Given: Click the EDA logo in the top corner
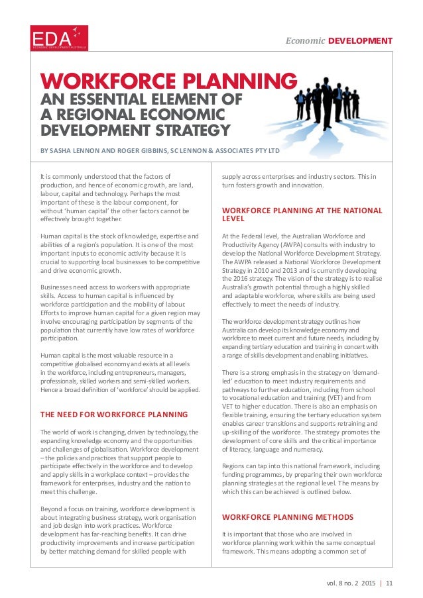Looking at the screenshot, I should click(x=59, y=38).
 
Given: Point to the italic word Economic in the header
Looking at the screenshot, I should click(x=305, y=41).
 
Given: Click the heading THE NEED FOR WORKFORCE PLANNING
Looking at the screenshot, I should click(x=114, y=396).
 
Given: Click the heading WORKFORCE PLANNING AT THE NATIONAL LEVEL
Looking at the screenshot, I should click(x=302, y=215).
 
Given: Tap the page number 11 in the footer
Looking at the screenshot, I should click(x=389, y=583).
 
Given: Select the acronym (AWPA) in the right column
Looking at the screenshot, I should click(x=290, y=244).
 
